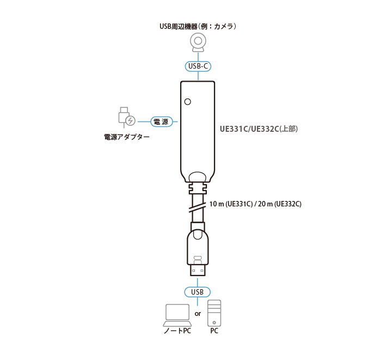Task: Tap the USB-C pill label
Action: pyautogui.click(x=198, y=66)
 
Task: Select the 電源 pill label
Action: pyautogui.click(x=162, y=121)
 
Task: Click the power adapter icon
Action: pyautogui.click(x=127, y=118)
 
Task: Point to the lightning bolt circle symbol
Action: pyautogui.click(x=131, y=120)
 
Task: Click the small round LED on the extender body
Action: pyautogui.click(x=188, y=102)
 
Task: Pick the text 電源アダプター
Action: pyautogui.click(x=127, y=137)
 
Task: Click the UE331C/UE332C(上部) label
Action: pyautogui.click(x=259, y=129)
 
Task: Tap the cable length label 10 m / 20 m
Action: pyautogui.click(x=255, y=204)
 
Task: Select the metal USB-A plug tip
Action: pyautogui.click(x=197, y=270)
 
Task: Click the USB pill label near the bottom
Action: pyautogui.click(x=197, y=292)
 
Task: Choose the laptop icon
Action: pyautogui.click(x=177, y=315)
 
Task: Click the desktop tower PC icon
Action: pyautogui.click(x=214, y=313)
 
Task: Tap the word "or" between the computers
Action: pyautogui.click(x=198, y=314)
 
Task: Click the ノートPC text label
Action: pyautogui.click(x=177, y=331)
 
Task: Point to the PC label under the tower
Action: pyautogui.click(x=214, y=331)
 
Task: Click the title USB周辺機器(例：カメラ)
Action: pyautogui.click(x=198, y=26)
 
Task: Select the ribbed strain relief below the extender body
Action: pyautogui.click(x=198, y=188)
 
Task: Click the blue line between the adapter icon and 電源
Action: pyautogui.click(x=144, y=121)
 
